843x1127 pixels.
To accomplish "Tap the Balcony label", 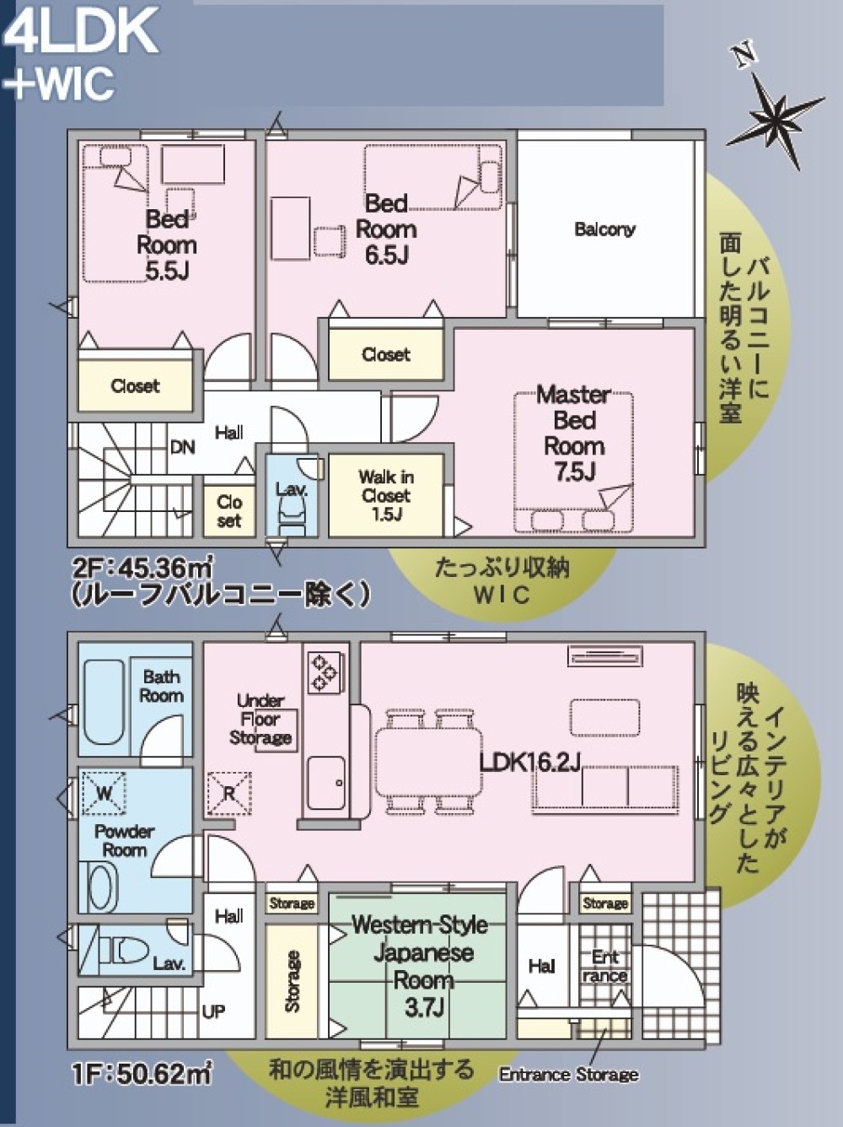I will click(x=604, y=229).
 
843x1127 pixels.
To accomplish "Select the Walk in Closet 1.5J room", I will click(x=385, y=495).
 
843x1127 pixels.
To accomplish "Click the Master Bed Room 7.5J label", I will click(x=574, y=433).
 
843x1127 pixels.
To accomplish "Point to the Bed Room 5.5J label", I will click(x=166, y=245).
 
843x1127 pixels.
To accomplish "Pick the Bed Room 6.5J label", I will click(x=386, y=229).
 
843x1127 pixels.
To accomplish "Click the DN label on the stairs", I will click(x=183, y=448).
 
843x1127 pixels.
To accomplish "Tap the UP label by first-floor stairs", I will click(x=213, y=1011).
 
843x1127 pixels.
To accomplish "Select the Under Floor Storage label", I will click(x=260, y=720).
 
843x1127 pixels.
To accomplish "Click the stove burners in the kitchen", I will click(x=325, y=672).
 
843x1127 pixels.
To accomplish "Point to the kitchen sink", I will click(x=325, y=781).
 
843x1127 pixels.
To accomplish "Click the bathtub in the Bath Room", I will click(x=105, y=703).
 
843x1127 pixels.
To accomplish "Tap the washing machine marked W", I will click(x=104, y=794).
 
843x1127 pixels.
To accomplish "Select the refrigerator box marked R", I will click(x=228, y=794).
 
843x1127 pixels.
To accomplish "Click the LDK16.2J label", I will click(x=529, y=763).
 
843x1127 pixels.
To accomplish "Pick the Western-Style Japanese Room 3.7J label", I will click(x=421, y=965).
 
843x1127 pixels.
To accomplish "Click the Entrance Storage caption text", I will click(x=568, y=1075).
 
